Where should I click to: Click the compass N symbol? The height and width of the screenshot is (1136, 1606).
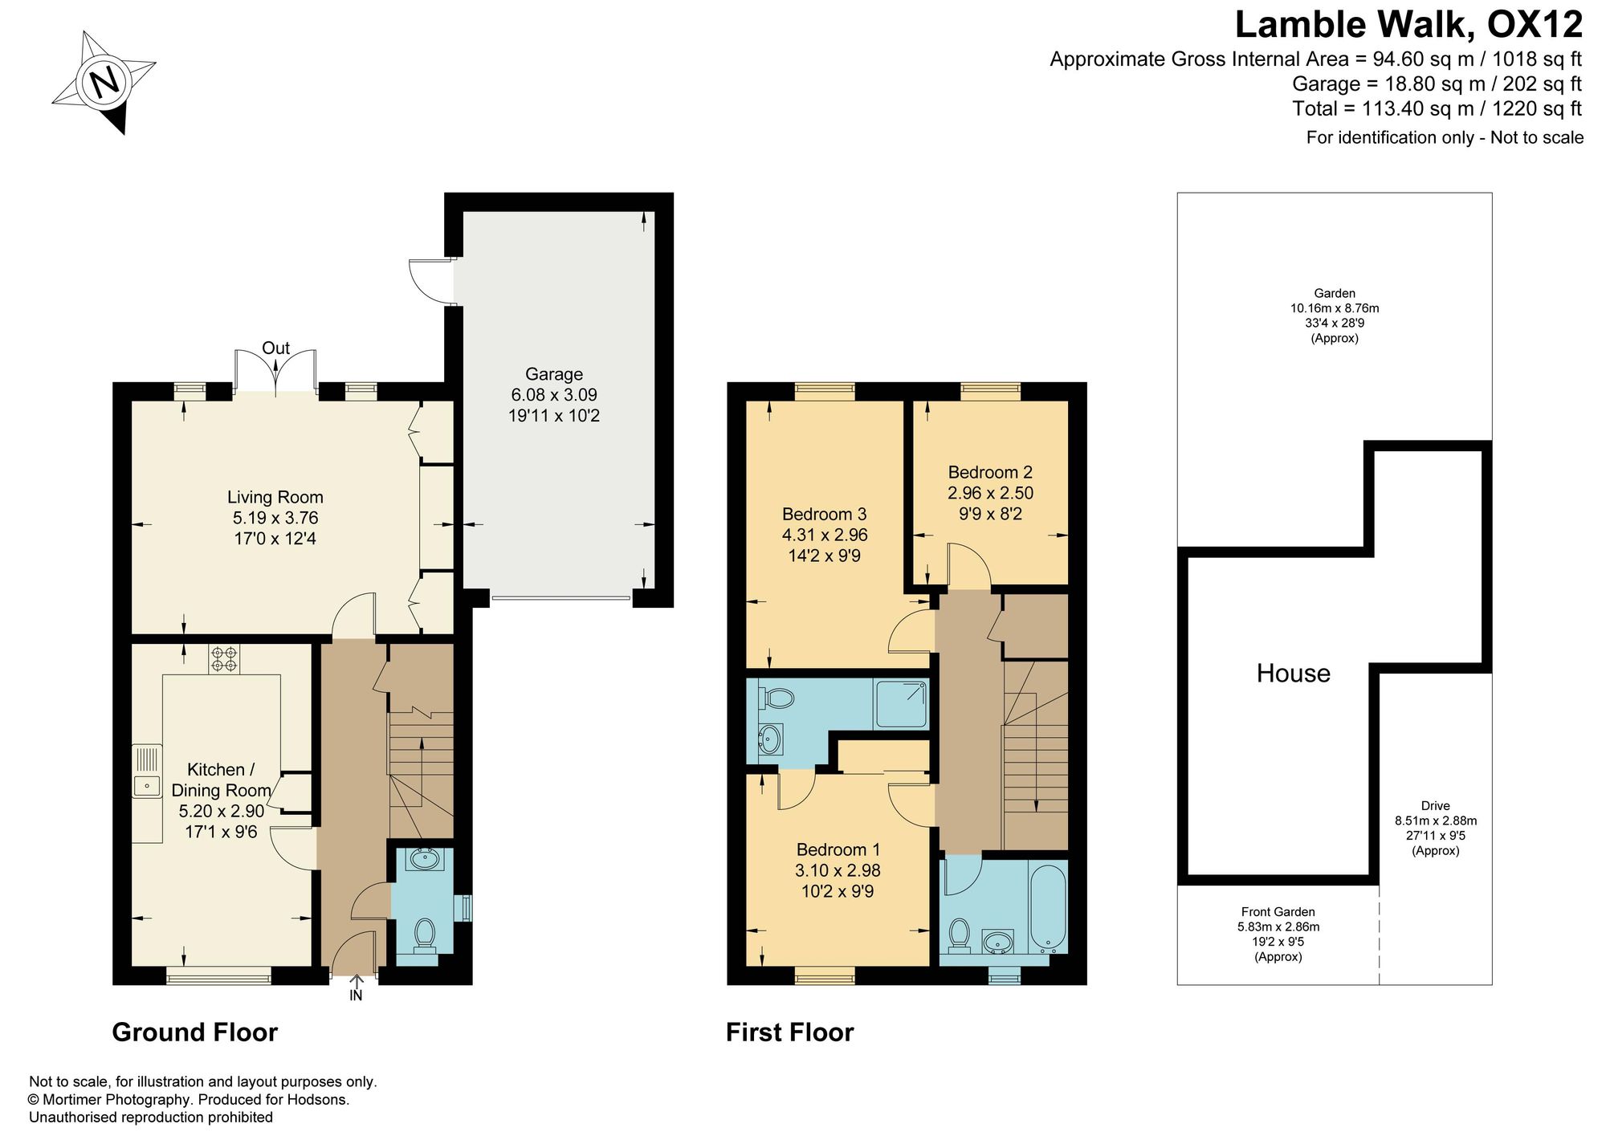(104, 82)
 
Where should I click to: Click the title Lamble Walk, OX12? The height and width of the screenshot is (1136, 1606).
(1408, 25)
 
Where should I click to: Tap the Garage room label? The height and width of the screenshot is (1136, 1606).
(554, 374)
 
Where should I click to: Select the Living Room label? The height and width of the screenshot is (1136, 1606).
(275, 498)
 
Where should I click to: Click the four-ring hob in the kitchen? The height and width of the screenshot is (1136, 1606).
(225, 659)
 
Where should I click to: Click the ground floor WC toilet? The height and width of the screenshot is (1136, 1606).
(425, 936)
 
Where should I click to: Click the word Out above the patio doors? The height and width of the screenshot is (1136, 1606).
(276, 348)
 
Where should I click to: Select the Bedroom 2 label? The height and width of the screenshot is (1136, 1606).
(990, 472)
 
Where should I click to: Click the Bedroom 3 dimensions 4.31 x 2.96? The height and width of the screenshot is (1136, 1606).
(825, 535)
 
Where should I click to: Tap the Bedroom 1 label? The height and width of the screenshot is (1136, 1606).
(838, 849)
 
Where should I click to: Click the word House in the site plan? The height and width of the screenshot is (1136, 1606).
(1294, 673)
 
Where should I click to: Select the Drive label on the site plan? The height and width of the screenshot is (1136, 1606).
(1436, 806)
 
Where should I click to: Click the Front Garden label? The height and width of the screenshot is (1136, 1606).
(1278, 912)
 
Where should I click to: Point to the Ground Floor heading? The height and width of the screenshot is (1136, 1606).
(195, 1032)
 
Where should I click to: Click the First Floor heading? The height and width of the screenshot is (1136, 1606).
(790, 1032)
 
